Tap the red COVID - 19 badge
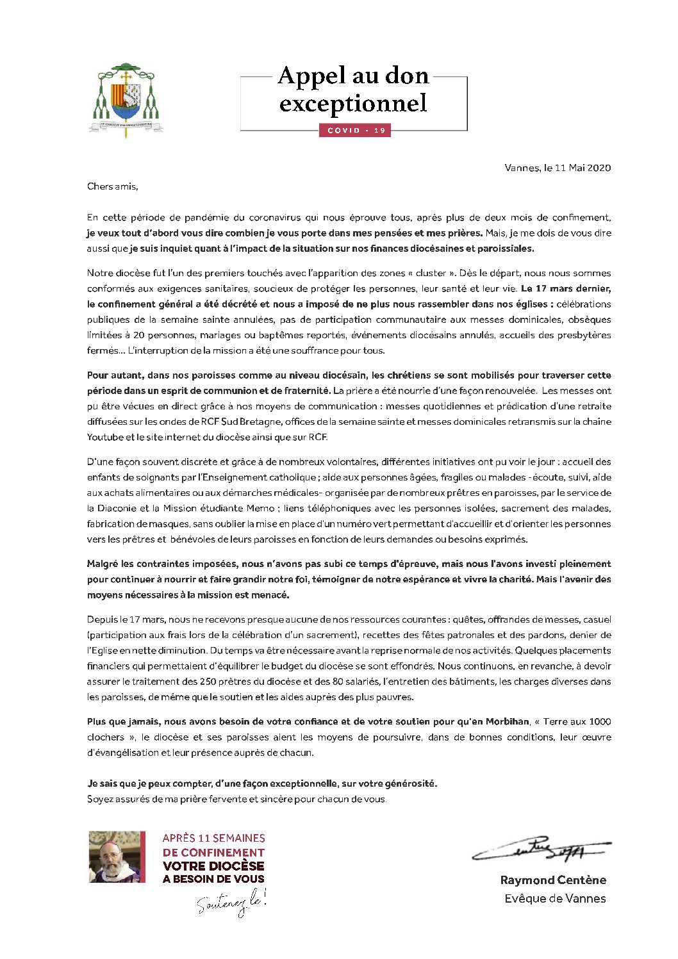(355, 131)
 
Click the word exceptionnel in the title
(353, 103)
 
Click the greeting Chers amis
(112, 186)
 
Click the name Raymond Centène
(553, 880)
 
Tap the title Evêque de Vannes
(555, 899)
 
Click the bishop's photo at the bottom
(117, 857)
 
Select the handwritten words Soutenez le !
(231, 904)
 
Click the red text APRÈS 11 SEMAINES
(213, 838)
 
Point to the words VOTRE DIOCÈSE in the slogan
(213, 866)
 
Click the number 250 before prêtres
(208, 682)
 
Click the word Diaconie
(116, 508)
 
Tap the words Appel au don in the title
(353, 76)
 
